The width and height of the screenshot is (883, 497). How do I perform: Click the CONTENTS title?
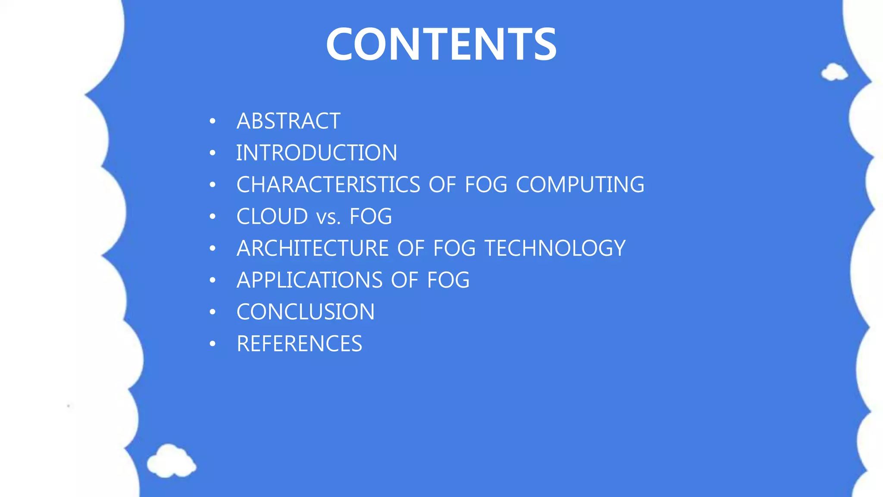tap(441, 44)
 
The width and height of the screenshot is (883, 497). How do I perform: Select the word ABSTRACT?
tap(288, 121)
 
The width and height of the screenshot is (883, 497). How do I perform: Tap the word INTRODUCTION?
tap(316, 153)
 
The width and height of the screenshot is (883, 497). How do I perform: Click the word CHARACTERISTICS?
tap(328, 185)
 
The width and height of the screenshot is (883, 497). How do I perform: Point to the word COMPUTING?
tap(580, 185)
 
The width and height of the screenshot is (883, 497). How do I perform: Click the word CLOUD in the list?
tap(272, 217)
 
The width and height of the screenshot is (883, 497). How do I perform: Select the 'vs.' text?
tap(329, 217)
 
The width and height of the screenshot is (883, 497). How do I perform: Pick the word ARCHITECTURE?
tap(313, 248)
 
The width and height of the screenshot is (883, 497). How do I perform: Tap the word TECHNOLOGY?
tap(555, 248)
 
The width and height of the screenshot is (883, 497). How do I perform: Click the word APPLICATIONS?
tap(309, 280)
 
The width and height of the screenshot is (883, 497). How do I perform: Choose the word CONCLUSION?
tap(306, 312)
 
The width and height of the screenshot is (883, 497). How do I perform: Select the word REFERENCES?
tap(299, 344)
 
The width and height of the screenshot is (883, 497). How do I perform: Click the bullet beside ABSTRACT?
tap(212, 121)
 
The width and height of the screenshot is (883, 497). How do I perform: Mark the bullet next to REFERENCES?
tap(212, 344)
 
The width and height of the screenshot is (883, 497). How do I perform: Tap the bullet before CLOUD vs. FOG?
tap(212, 217)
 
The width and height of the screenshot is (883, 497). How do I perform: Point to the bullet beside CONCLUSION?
tap(212, 312)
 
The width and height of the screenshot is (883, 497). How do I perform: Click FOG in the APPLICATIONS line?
tap(448, 280)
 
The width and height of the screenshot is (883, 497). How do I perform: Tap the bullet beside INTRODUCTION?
tap(212, 153)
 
